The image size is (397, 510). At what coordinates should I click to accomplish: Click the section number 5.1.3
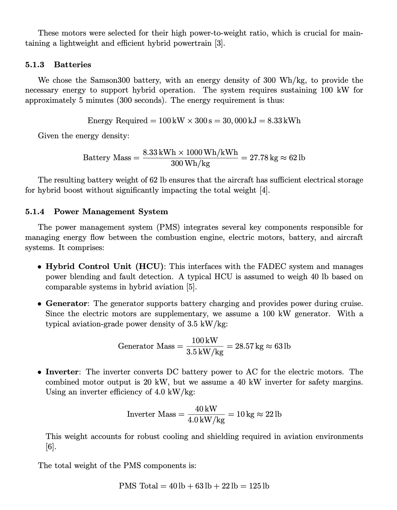34,65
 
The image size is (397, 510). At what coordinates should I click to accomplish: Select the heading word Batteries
73,65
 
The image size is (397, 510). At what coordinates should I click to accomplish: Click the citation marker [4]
265,190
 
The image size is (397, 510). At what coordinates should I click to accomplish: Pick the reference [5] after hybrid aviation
191,287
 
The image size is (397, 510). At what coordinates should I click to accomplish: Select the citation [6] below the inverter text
51,447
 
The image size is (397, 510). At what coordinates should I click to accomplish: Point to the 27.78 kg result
264,158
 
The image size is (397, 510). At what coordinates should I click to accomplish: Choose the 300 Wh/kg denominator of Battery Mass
190,163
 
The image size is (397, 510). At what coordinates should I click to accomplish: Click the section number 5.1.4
34,212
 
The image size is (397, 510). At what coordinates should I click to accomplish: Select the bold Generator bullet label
67,303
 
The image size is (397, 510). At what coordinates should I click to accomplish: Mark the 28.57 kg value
249,346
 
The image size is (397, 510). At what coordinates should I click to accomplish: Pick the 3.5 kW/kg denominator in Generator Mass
205,352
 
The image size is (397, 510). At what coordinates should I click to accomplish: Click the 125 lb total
259,486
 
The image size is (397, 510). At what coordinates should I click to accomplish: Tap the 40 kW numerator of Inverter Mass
206,409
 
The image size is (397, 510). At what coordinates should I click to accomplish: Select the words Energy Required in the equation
117,121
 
